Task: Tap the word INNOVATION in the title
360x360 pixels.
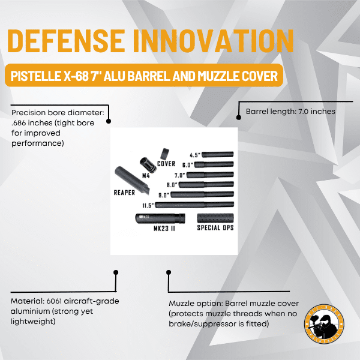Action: click(x=218, y=40)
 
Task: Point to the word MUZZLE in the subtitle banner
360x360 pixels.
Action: click(x=233, y=77)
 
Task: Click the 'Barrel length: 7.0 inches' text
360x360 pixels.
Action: click(x=290, y=111)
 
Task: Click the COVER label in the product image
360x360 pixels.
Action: click(x=166, y=163)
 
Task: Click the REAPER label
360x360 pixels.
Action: click(x=124, y=193)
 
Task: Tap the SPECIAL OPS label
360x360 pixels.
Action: click(x=215, y=228)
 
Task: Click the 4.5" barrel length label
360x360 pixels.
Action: click(x=194, y=155)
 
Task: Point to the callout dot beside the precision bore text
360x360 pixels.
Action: click(x=109, y=121)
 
